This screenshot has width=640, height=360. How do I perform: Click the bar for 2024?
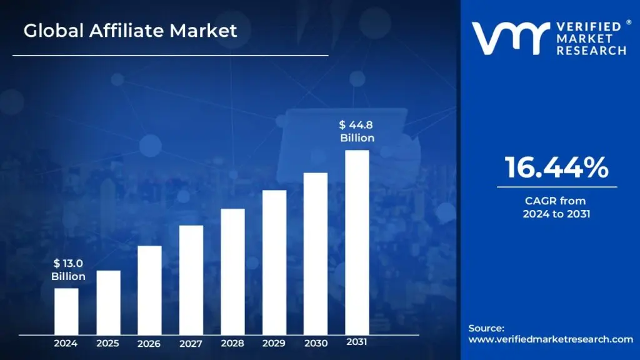(66, 311)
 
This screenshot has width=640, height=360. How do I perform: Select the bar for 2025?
(108, 302)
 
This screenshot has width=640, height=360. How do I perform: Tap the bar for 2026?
(149, 289)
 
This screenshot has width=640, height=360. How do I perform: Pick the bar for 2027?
(191, 279)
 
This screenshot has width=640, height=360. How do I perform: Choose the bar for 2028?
(232, 271)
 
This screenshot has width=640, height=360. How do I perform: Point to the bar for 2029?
(274, 262)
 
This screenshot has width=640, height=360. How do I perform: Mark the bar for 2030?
(316, 253)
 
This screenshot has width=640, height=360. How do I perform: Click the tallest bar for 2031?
(357, 242)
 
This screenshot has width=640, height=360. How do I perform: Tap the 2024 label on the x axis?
(66, 343)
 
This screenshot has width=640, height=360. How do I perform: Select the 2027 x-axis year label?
(191, 343)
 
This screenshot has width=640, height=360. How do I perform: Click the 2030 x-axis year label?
(316, 343)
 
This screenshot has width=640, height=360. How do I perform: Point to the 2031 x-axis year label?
(357, 342)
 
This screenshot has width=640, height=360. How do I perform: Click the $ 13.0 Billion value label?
(68, 270)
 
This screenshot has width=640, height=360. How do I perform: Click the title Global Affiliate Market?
(131, 31)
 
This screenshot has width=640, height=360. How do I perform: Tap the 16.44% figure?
(556, 167)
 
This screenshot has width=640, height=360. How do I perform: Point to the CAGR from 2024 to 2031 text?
(556, 207)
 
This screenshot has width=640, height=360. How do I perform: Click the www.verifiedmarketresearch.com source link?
(551, 339)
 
